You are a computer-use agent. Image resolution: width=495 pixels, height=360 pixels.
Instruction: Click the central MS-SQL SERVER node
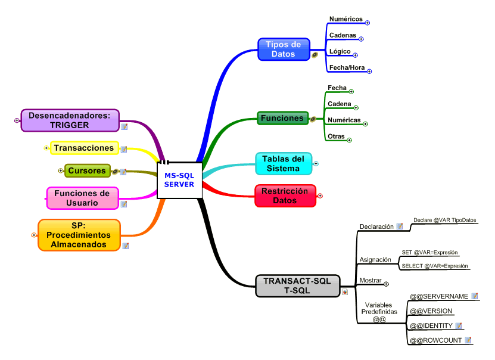(x=179, y=180)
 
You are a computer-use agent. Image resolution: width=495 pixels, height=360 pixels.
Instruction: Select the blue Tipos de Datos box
(x=284, y=49)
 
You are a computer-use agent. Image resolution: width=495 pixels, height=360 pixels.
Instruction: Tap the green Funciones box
(x=282, y=118)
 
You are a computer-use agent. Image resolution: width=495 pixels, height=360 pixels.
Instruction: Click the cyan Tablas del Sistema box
(x=284, y=164)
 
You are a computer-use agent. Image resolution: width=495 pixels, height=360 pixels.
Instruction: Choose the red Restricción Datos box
(x=285, y=196)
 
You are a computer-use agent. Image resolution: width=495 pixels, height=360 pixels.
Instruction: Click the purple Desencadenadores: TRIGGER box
(x=70, y=120)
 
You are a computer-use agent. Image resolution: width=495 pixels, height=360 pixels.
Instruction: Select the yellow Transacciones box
(x=83, y=148)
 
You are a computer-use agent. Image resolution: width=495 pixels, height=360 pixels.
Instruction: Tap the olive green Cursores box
(x=87, y=171)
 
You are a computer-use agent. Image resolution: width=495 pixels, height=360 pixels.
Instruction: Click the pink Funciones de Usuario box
(x=82, y=198)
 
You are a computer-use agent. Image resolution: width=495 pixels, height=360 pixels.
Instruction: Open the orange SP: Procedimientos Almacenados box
(x=79, y=235)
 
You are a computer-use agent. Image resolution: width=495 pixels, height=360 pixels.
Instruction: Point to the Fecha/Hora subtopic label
(x=347, y=68)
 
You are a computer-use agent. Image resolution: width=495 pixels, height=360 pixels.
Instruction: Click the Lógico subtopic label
(x=340, y=52)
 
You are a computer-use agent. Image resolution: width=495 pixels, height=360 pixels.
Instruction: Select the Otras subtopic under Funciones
(x=336, y=136)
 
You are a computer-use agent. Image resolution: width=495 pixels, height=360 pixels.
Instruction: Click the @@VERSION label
(x=431, y=311)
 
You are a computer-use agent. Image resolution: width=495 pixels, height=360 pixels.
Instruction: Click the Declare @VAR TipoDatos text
(x=445, y=220)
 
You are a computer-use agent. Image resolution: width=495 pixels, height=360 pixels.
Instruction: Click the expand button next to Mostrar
(x=386, y=284)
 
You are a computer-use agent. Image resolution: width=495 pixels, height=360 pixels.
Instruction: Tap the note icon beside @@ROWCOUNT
(x=468, y=340)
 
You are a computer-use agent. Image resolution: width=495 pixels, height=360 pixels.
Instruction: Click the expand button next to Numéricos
(x=368, y=23)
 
